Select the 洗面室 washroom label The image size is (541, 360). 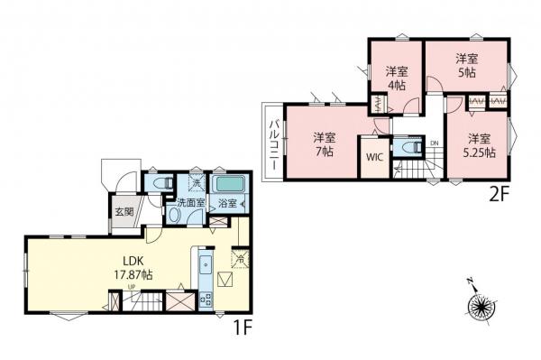click(189, 204)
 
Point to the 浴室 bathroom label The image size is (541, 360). click(227, 204)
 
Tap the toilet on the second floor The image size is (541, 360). click(408, 147)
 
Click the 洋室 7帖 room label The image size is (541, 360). click(324, 144)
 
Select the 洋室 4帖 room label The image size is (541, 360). click(397, 78)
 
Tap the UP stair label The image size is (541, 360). click(133, 288)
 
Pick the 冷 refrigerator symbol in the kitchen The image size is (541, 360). click(239, 258)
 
